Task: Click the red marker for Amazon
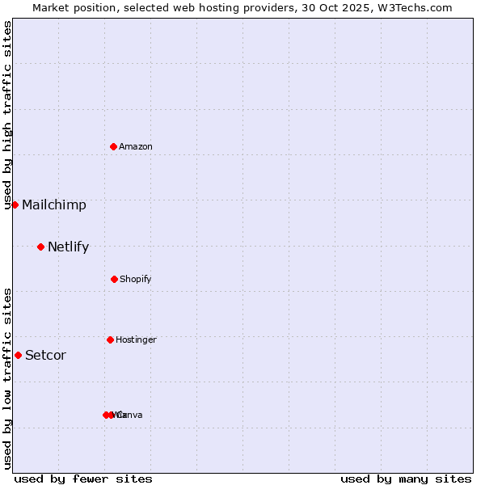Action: click(113, 146)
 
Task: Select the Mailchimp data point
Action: click(15, 205)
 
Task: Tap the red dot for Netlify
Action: click(40, 247)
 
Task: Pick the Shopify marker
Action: click(114, 279)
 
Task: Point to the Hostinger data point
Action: click(110, 339)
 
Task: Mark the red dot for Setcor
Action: click(18, 355)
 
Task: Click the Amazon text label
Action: click(136, 146)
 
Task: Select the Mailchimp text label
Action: click(54, 205)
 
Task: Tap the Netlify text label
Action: click(68, 247)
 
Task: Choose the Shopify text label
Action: click(136, 280)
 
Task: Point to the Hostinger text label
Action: click(136, 340)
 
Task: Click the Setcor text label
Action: click(46, 356)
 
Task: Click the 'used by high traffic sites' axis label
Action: click(8, 115)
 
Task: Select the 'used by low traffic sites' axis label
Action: click(8, 378)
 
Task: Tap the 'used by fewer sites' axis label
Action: click(83, 479)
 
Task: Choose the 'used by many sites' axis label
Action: click(406, 479)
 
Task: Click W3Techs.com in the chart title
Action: click(415, 7)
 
